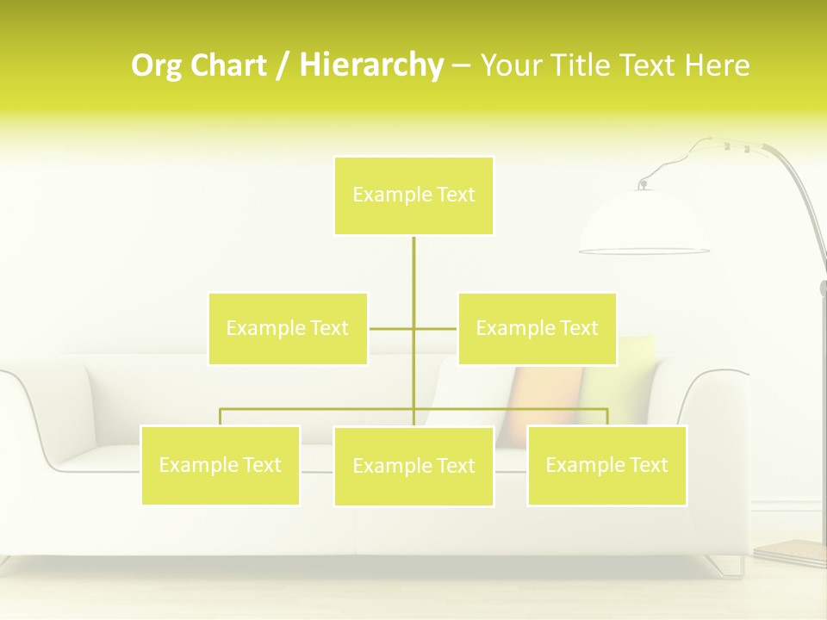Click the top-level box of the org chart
413,195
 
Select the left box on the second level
288,328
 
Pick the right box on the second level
537,328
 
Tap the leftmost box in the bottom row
221,465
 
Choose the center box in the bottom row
413,466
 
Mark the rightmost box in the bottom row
606,465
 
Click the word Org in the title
158,65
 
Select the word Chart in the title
227,65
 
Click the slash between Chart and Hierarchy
282,66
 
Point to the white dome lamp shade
644,224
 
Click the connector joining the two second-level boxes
392,328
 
